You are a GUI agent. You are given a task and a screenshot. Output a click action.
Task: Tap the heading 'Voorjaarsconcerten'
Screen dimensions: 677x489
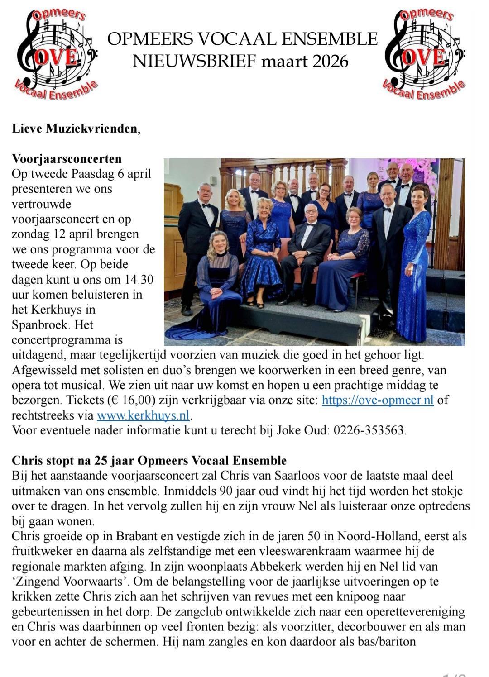[67, 159]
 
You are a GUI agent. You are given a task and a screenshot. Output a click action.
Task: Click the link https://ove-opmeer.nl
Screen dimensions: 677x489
[378, 400]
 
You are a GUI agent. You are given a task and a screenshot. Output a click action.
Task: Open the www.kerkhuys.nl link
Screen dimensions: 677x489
[144, 415]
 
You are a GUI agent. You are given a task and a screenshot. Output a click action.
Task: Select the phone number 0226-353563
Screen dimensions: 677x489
[369, 430]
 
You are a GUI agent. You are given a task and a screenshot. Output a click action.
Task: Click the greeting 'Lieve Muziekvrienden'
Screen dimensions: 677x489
[74, 129]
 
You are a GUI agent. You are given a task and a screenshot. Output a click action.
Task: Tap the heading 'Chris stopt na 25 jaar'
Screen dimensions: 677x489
[149, 461]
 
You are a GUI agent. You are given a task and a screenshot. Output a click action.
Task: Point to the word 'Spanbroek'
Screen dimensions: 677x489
[40, 325]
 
